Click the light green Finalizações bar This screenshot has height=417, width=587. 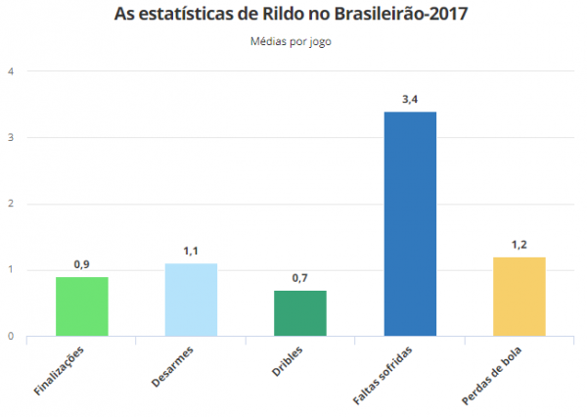(x=81, y=306)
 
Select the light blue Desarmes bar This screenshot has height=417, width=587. (x=191, y=300)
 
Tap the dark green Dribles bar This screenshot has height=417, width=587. (x=299, y=313)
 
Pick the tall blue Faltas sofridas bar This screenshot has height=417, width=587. (x=409, y=224)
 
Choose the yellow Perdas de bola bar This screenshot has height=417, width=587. (x=519, y=297)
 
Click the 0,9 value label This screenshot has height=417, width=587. (x=81, y=264)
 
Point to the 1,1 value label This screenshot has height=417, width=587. (x=191, y=252)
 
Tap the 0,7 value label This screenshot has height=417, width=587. (x=299, y=278)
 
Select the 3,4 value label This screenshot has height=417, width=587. (x=409, y=99)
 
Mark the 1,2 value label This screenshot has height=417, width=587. (x=519, y=245)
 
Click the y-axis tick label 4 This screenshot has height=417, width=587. (x=11, y=71)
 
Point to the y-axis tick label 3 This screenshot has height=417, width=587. (x=11, y=138)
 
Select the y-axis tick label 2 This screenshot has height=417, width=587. (x=11, y=204)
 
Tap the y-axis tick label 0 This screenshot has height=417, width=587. (x=11, y=337)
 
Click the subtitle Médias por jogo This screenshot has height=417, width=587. (x=294, y=41)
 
